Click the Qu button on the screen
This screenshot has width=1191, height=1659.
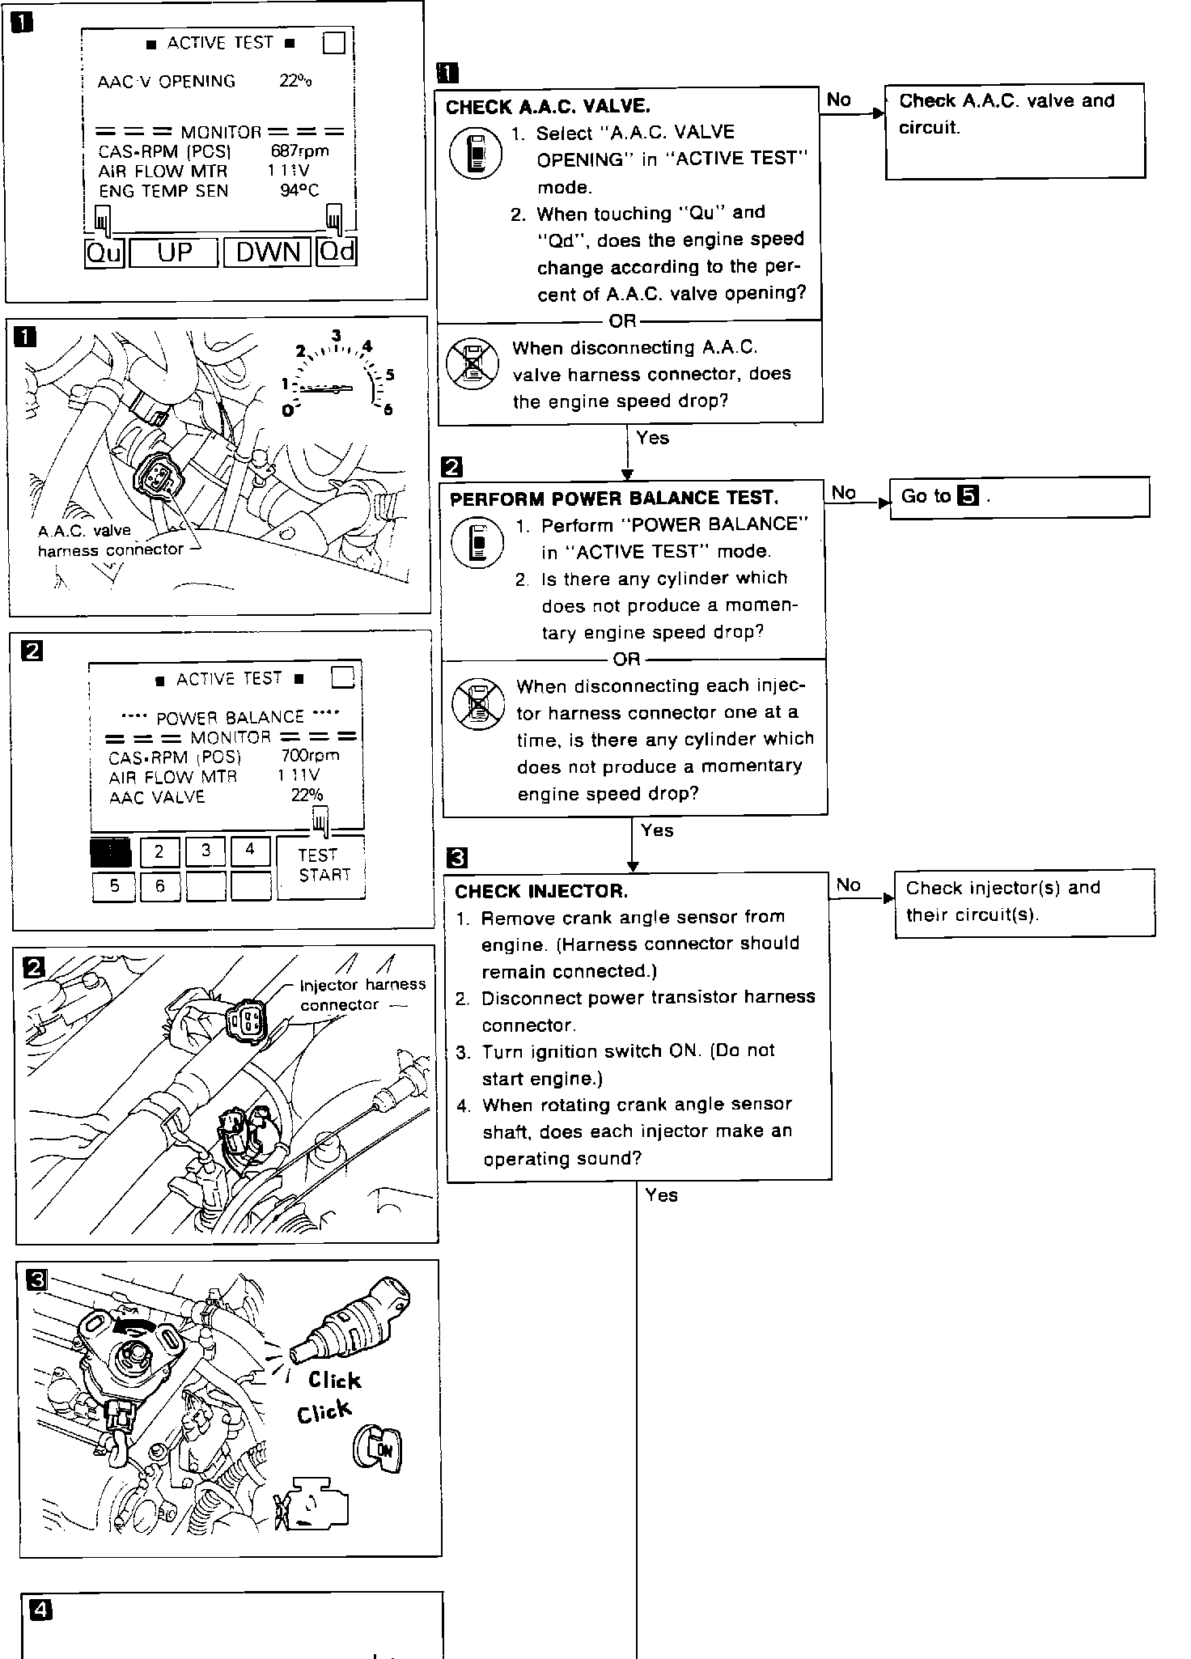click(x=104, y=252)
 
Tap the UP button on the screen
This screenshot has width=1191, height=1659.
click(x=174, y=252)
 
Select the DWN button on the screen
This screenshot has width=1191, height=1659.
click(x=269, y=252)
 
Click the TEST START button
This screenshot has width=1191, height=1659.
click(x=321, y=867)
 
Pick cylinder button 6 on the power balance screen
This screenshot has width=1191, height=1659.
click(x=159, y=886)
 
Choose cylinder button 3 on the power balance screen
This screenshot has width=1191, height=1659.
click(x=206, y=851)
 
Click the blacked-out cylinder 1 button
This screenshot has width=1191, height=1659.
click(x=110, y=852)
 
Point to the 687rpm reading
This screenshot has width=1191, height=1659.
click(x=300, y=151)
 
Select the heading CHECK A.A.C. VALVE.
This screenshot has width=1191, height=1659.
click(x=548, y=107)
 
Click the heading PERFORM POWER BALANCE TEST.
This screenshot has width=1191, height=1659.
click(x=614, y=499)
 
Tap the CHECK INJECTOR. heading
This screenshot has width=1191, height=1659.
click(x=541, y=892)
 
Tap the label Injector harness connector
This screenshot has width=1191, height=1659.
click(x=362, y=995)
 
